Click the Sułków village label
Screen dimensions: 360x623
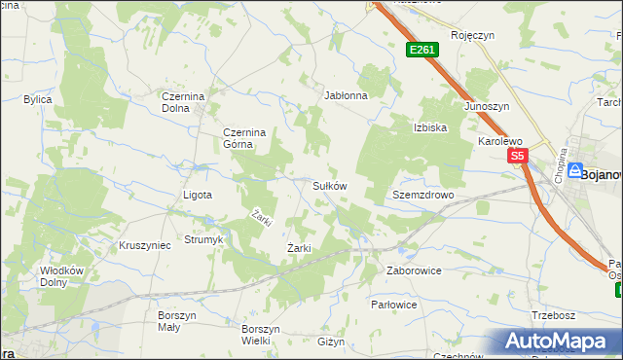(x=329, y=185)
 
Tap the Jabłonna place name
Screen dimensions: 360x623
(x=346, y=96)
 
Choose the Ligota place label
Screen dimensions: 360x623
(x=198, y=195)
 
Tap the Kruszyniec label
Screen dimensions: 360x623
(x=144, y=245)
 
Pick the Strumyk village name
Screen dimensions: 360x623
(x=203, y=239)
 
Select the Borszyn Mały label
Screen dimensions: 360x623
(x=177, y=321)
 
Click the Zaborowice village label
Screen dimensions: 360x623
(x=415, y=270)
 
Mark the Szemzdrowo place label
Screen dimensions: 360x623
(x=423, y=195)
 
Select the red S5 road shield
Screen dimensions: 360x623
(x=517, y=156)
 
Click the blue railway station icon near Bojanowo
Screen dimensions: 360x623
(x=574, y=169)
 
